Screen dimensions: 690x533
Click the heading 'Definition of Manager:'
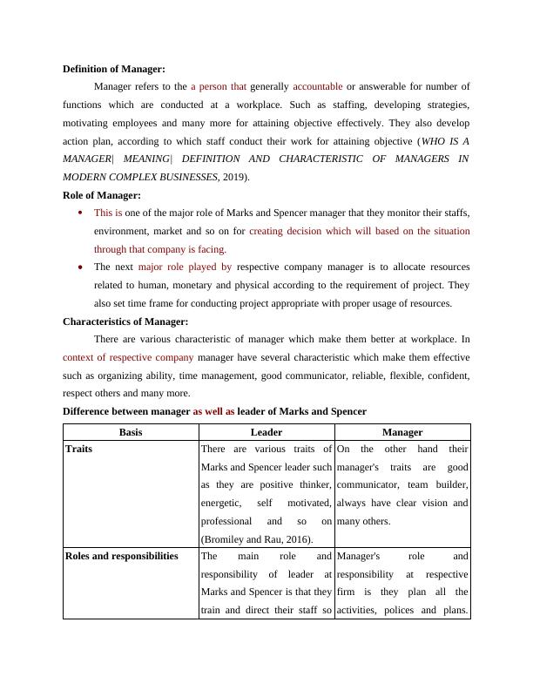114,68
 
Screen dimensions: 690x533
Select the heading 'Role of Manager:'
102,195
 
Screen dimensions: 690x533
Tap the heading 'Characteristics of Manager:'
126,321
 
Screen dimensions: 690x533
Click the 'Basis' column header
131,431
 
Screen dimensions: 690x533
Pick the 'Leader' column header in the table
266,431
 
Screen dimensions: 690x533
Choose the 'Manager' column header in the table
402,431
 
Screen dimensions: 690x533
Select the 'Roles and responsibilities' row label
121,555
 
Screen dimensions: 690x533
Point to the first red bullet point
80,212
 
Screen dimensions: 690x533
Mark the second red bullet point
80,267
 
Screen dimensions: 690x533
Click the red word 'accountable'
318,86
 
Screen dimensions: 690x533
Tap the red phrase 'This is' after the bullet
108,213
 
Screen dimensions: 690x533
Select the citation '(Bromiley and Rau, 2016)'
256,539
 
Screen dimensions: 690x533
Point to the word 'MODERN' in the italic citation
90,177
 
